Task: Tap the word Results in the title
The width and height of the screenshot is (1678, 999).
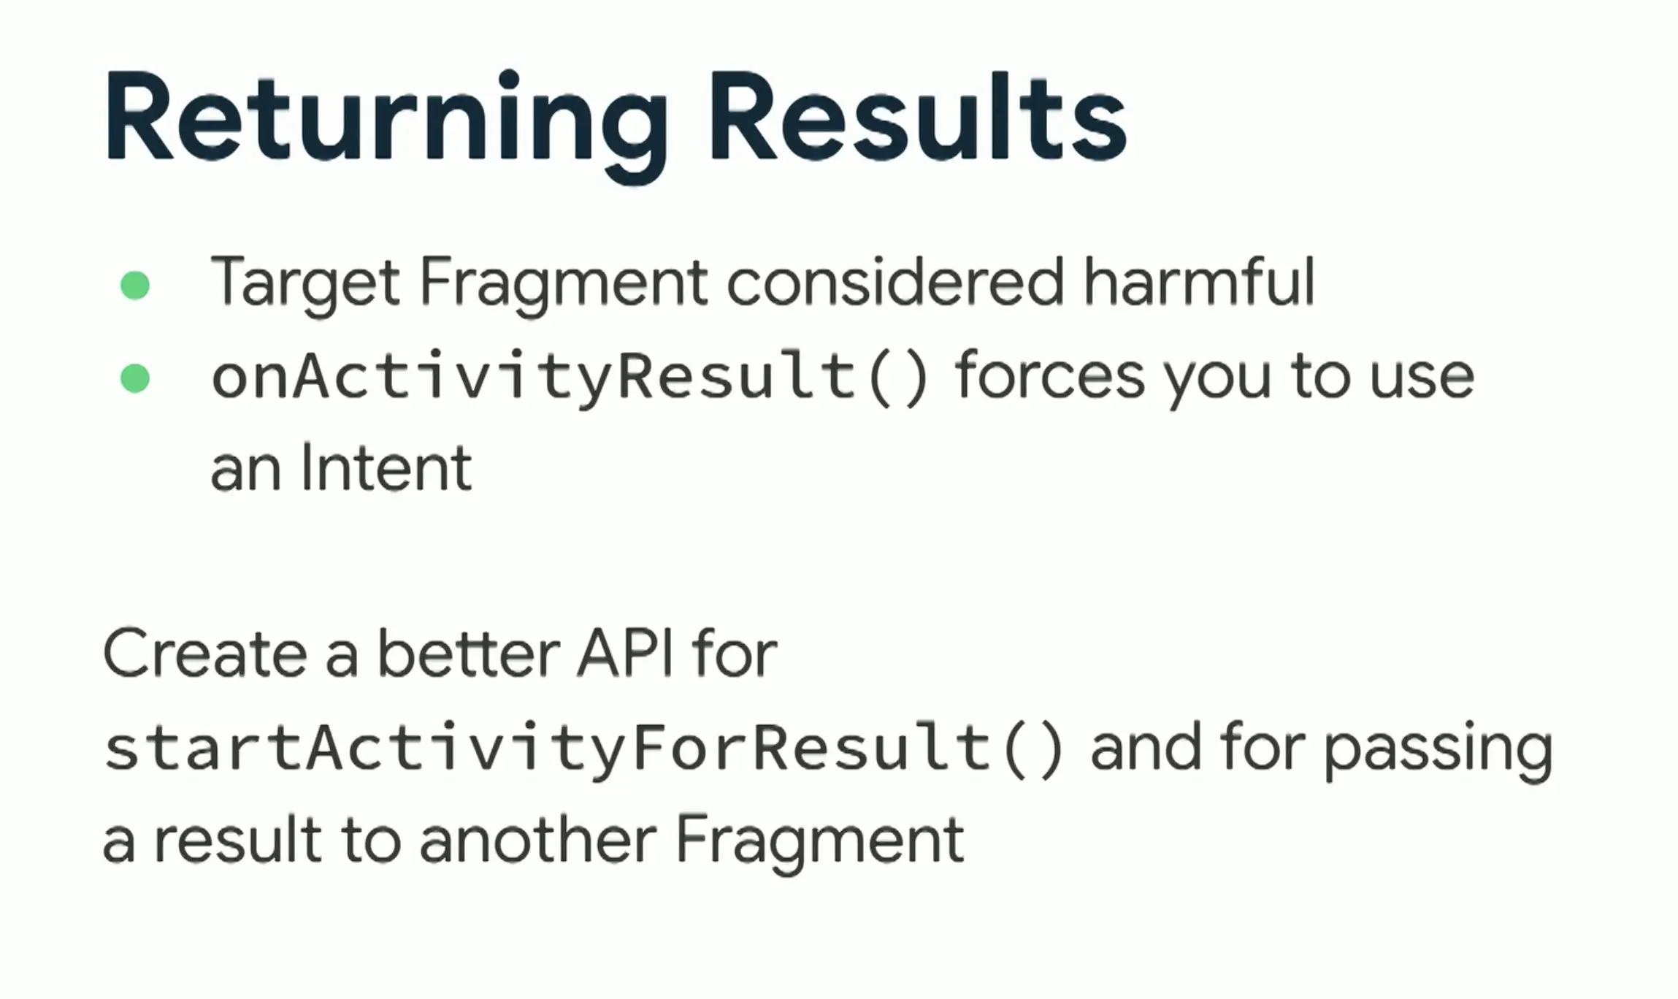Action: pyautogui.click(x=918, y=117)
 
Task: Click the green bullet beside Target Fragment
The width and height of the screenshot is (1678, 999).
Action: pyautogui.click(x=135, y=285)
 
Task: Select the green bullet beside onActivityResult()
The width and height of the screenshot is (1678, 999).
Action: pyautogui.click(x=135, y=378)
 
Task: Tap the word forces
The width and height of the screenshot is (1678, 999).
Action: pyautogui.click(x=1050, y=376)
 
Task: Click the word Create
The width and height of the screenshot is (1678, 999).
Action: pyautogui.click(x=205, y=653)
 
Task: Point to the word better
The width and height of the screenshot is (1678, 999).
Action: pyautogui.click(x=468, y=652)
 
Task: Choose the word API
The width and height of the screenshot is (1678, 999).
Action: pyautogui.click(x=625, y=652)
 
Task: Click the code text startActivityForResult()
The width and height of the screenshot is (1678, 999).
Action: pyautogui.click(x=583, y=748)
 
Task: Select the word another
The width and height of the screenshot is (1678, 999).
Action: pyautogui.click(x=538, y=840)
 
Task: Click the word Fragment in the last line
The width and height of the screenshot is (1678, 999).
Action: pyautogui.click(x=819, y=843)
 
